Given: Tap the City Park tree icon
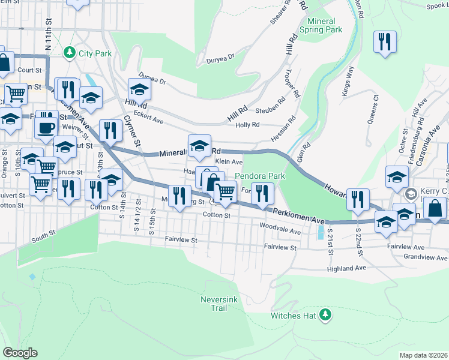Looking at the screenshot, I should pos(70,53).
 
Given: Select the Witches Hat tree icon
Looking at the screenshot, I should pos(325,314).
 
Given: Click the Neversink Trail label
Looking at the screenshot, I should pos(214,303).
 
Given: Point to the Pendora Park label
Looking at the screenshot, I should pos(259,176).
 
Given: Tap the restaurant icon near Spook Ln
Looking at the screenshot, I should pos(383,42).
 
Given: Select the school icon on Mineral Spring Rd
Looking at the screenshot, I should pos(199,146).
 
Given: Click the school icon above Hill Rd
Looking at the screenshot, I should pos(139,90).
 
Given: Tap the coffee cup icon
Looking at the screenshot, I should pos(46,127).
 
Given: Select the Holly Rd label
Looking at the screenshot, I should pos(247,125).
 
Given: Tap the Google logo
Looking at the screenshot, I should pos(20,353).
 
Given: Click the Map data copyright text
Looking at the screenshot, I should pos(423,355).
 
